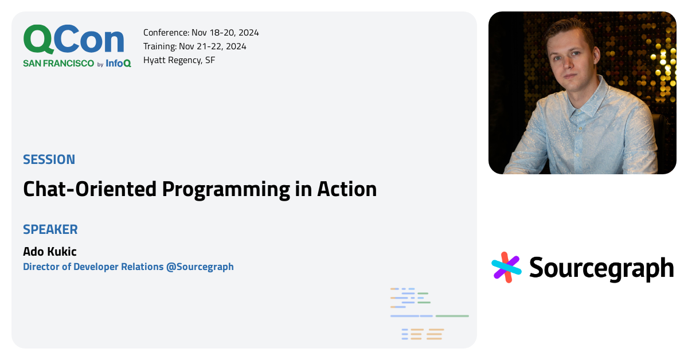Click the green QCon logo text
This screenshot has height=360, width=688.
click(x=73, y=40)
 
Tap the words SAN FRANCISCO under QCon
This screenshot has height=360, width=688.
click(x=58, y=64)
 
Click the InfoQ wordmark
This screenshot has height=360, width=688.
click(x=118, y=64)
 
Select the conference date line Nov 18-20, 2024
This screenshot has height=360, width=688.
click(x=201, y=33)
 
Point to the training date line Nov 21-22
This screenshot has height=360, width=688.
click(x=194, y=46)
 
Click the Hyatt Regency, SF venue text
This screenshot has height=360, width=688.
click(x=179, y=60)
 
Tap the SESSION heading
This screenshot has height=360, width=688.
click(x=49, y=159)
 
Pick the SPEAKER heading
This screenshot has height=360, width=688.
click(x=50, y=230)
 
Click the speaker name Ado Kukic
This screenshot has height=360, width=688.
click(x=49, y=252)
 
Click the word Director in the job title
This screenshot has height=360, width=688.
click(x=41, y=267)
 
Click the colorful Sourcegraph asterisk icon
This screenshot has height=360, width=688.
click(x=506, y=267)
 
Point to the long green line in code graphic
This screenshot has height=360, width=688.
click(x=452, y=316)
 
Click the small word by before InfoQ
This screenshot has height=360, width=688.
click(x=100, y=65)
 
